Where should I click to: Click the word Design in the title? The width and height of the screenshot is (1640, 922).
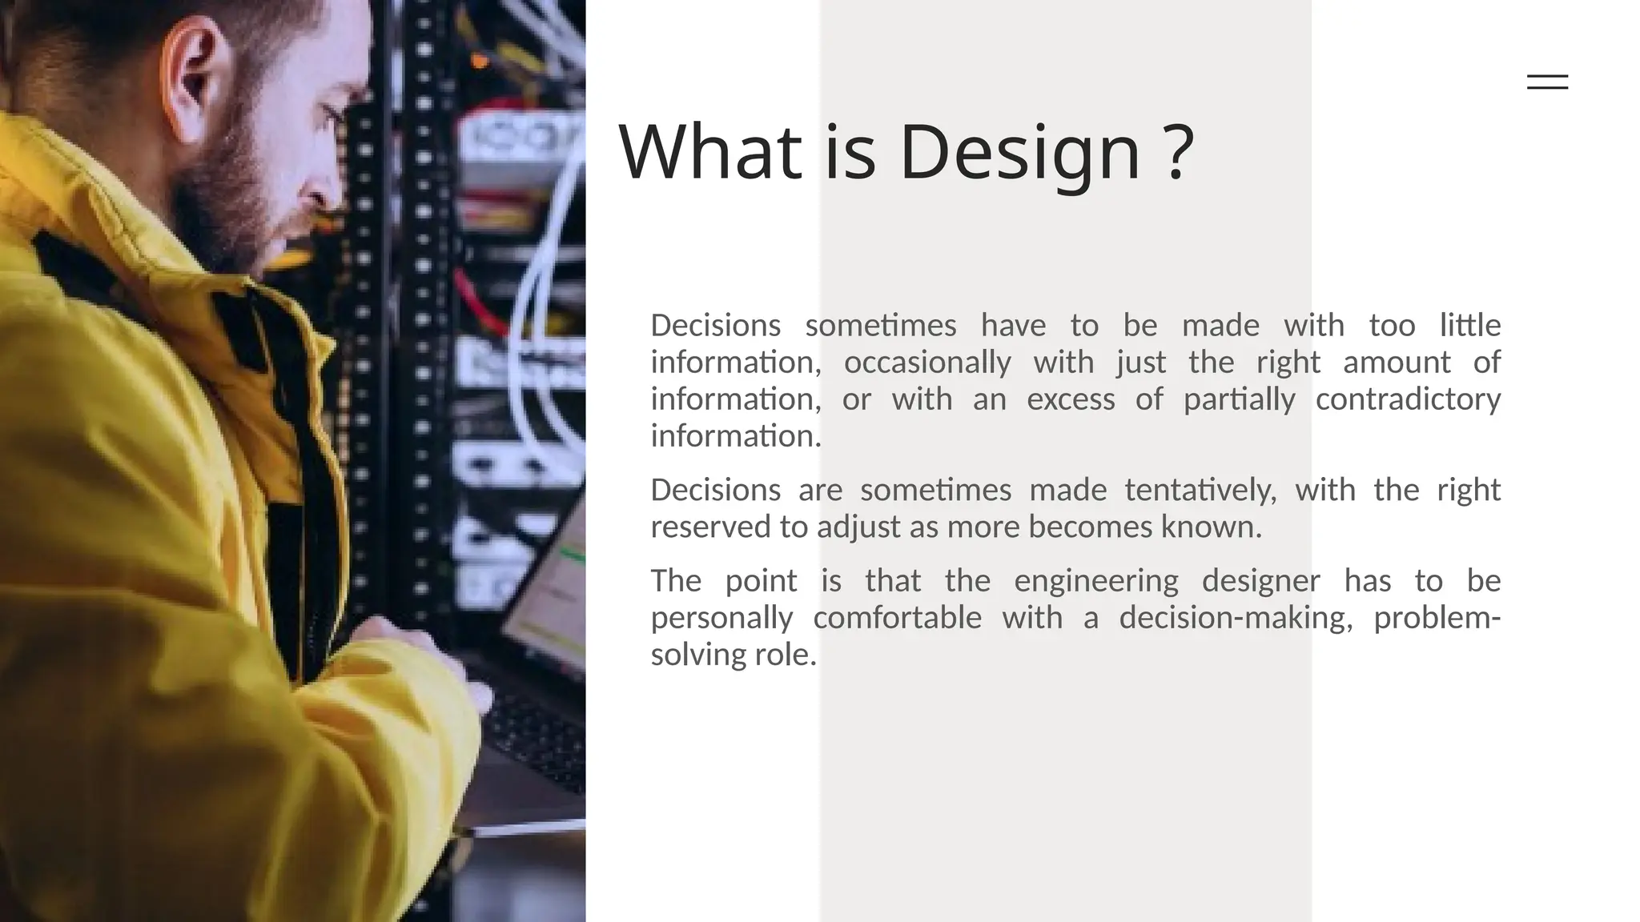coord(1019,152)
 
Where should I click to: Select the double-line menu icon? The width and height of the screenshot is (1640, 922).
coord(1547,82)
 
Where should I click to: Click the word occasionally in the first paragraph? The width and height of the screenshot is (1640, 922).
coord(927,363)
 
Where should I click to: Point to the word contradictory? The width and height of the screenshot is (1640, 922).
coord(1408,399)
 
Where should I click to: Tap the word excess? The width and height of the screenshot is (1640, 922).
coord(1071,399)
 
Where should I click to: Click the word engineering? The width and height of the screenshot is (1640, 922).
coord(1096,581)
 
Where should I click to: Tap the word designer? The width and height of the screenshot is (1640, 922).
coord(1260,581)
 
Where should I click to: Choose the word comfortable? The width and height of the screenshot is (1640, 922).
coord(897,618)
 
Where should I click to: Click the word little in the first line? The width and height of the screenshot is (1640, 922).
coord(1469,326)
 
